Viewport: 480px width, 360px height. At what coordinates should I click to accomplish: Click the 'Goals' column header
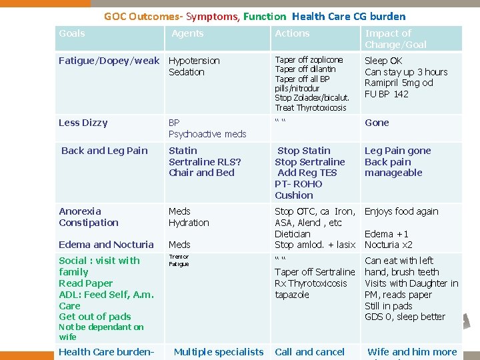(x=72, y=33)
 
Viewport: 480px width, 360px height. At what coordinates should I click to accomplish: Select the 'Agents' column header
(x=187, y=33)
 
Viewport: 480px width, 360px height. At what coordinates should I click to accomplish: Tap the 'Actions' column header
(x=292, y=33)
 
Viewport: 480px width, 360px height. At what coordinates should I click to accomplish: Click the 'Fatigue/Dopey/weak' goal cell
(x=109, y=61)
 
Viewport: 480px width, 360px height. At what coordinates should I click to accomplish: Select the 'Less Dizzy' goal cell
(x=83, y=123)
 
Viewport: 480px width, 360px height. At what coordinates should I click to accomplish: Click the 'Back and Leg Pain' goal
(x=105, y=151)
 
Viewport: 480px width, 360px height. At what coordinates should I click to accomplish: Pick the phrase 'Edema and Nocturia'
(x=106, y=245)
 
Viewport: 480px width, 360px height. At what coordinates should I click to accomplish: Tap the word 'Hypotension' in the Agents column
(x=194, y=61)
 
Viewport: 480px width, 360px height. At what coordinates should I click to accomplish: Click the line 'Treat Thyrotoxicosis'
(x=311, y=108)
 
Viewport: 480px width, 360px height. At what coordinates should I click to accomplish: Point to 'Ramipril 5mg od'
(x=399, y=83)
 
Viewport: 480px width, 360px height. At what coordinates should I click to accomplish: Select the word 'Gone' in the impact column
(x=377, y=123)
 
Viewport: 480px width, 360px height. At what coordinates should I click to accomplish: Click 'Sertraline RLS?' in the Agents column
(x=205, y=162)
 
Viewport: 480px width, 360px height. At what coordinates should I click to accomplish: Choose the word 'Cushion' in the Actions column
(x=294, y=195)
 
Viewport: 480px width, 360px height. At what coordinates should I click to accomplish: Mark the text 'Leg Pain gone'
(x=397, y=151)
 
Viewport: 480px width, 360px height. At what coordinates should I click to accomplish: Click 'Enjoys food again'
(x=401, y=211)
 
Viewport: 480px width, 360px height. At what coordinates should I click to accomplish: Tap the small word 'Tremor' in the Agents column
(x=179, y=257)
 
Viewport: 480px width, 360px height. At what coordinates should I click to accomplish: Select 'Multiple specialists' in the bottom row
(x=219, y=351)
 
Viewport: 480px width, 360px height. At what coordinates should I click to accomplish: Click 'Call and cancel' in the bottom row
(x=309, y=351)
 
